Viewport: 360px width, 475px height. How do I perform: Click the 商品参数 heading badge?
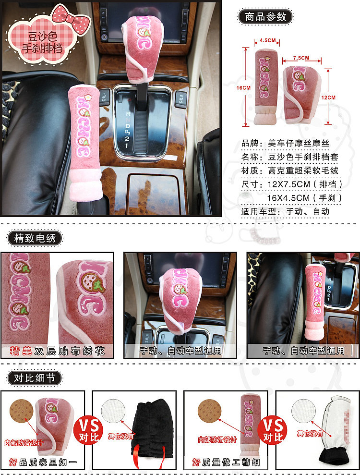265,17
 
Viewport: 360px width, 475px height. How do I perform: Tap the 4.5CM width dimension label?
267,40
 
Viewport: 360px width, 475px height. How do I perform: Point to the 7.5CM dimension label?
301,58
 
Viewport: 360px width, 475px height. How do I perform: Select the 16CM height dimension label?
243,88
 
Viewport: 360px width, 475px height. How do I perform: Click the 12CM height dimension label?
328,97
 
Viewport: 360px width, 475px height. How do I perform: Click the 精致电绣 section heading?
35,238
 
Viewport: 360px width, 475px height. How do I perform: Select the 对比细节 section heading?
35,378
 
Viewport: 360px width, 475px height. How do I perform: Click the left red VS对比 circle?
89,430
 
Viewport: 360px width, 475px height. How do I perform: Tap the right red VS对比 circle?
273,430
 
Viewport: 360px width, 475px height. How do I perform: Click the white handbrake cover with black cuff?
335,430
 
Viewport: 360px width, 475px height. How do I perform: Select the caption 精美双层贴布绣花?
57,351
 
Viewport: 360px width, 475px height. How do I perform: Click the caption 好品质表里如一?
43,462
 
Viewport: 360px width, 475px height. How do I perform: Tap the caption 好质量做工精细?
226,462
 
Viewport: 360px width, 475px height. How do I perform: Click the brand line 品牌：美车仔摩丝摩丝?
285,143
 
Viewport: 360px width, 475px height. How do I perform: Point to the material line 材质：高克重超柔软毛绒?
290,171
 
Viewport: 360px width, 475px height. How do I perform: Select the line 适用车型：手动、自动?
285,211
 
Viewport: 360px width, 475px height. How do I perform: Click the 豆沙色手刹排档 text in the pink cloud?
42,42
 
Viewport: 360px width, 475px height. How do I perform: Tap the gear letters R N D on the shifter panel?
128,120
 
